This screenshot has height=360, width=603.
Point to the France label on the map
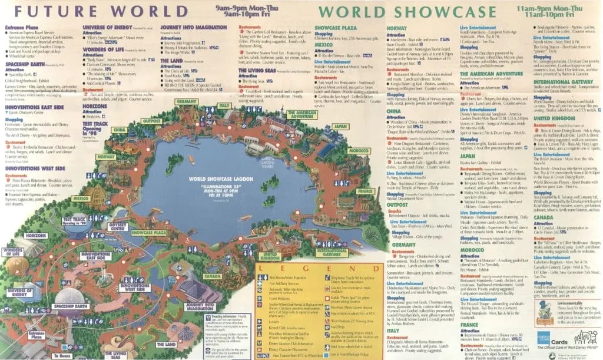click(x=365, y=191)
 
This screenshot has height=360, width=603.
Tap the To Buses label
click(x=61, y=355)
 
